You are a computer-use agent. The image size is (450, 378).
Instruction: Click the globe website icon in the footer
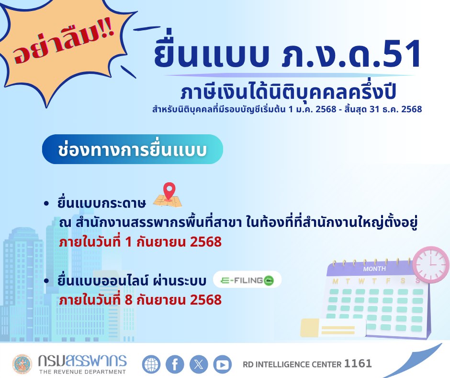(x=151, y=364)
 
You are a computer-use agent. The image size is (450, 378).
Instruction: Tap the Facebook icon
(x=175, y=364)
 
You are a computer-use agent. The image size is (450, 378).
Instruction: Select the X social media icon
(x=199, y=364)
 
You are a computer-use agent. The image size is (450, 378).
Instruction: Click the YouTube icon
(x=222, y=364)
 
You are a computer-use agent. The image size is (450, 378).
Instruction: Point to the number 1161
(x=358, y=364)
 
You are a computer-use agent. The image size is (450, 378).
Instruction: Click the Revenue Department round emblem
(x=22, y=364)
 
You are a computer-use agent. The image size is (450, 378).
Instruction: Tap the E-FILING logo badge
(x=247, y=280)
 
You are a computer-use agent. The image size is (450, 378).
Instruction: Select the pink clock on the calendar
(x=430, y=264)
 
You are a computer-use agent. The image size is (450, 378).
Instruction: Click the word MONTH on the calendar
(x=374, y=269)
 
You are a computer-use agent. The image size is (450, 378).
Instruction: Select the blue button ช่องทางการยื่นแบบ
(x=132, y=150)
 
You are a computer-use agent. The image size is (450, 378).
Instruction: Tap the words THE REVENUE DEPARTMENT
(x=82, y=372)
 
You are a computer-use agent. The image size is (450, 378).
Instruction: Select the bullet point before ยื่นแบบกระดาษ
(x=46, y=204)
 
